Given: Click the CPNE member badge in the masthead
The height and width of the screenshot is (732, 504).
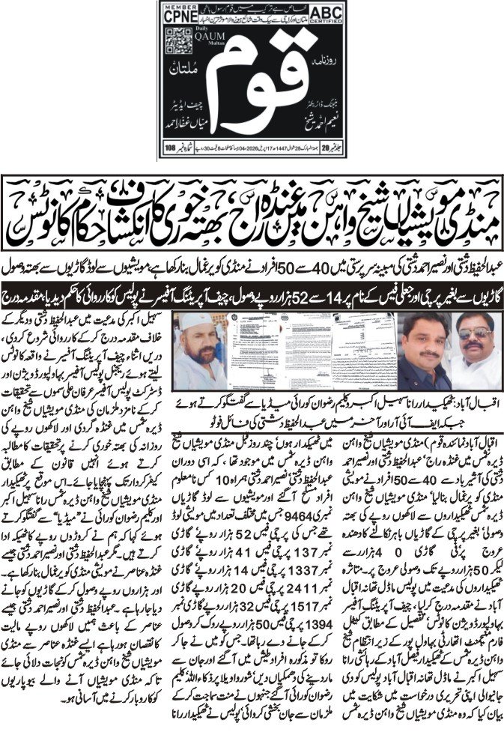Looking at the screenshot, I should click(180, 15).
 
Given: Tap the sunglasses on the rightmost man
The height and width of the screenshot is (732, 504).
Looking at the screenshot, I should click(475, 333).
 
